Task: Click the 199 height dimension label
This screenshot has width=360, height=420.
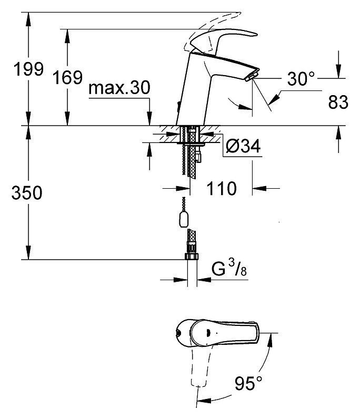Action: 28,69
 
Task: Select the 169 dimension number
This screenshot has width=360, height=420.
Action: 67,77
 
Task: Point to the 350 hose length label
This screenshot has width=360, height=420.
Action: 27,192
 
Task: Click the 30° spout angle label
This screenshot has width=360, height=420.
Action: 301,78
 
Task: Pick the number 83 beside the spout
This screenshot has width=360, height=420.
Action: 338,102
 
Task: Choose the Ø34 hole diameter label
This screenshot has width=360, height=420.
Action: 243,146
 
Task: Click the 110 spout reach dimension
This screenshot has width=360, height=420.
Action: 222,188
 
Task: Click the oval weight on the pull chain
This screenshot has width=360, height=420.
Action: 184,219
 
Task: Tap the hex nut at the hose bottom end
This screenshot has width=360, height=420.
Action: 192,257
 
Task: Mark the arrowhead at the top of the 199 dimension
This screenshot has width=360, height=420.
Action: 28,19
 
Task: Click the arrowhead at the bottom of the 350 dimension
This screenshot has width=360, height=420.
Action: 28,252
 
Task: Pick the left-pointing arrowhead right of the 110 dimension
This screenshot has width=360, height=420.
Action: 259,188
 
